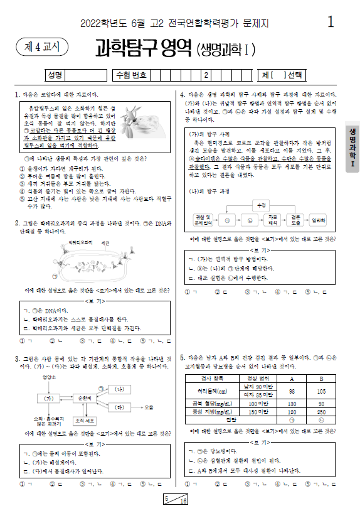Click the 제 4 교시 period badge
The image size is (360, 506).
tap(41, 47)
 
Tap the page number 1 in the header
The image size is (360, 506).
tap(330, 23)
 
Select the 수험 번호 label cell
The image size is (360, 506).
tap(131, 75)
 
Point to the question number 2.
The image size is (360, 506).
tap(16, 222)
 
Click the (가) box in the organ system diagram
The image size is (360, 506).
tap(45, 398)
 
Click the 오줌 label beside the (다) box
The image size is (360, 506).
tap(148, 407)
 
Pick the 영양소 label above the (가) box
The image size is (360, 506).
tap(50, 378)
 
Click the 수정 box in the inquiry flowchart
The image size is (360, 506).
tap(258, 205)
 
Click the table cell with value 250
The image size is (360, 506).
tap(320, 411)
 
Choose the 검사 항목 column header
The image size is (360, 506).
tap(213, 379)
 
